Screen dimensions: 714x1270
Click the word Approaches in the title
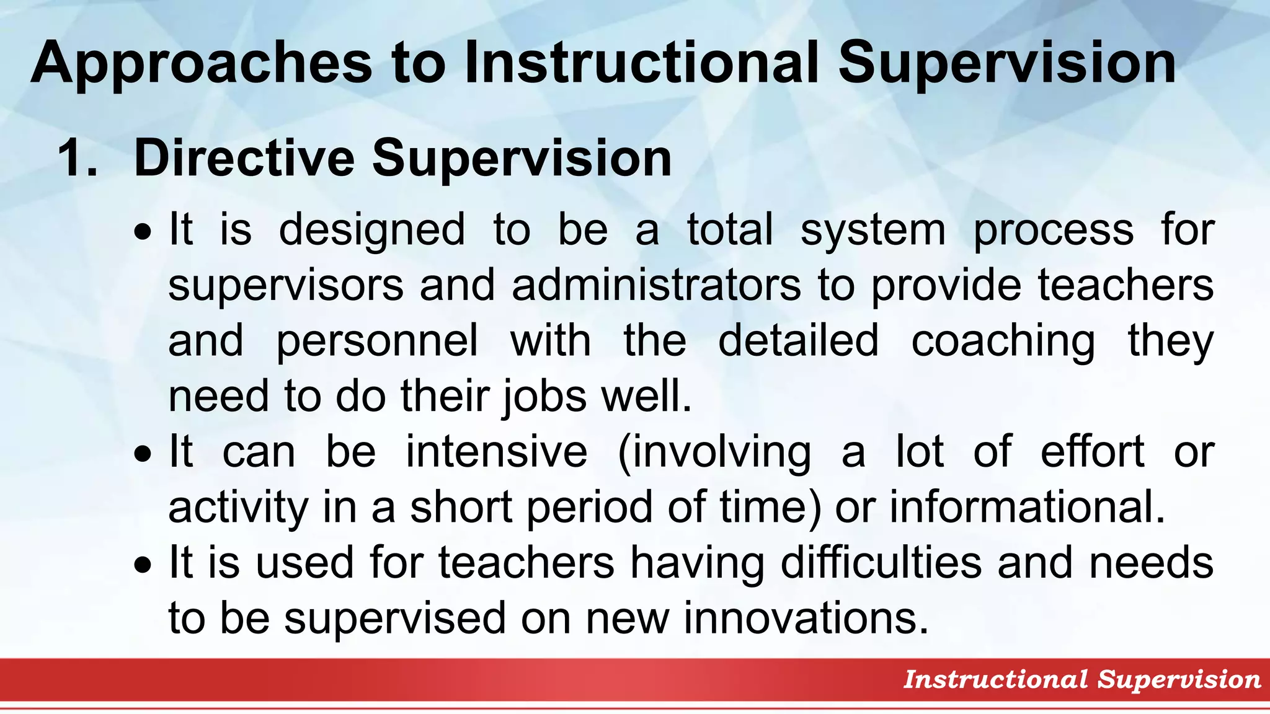point(202,63)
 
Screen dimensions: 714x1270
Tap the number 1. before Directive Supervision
point(77,159)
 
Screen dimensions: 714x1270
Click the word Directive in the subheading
point(244,157)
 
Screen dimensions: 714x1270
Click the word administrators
point(656,285)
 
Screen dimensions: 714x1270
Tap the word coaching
point(1003,341)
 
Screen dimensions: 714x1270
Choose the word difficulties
point(881,562)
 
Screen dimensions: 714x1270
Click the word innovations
point(806,618)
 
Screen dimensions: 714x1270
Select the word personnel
point(377,341)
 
